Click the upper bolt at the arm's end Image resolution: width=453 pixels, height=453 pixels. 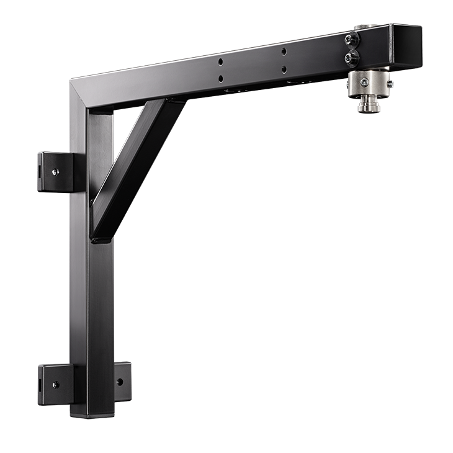352,39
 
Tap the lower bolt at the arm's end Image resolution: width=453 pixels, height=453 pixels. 352,58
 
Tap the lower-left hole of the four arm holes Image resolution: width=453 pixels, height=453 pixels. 220,78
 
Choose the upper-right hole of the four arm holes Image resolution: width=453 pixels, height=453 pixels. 284,52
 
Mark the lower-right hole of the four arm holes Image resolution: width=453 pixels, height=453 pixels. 284,69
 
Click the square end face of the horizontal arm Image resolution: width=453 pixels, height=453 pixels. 406,47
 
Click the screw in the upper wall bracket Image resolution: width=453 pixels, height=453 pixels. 56,172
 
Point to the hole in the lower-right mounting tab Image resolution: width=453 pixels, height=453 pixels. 120,382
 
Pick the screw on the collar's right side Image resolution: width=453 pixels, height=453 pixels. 389,82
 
